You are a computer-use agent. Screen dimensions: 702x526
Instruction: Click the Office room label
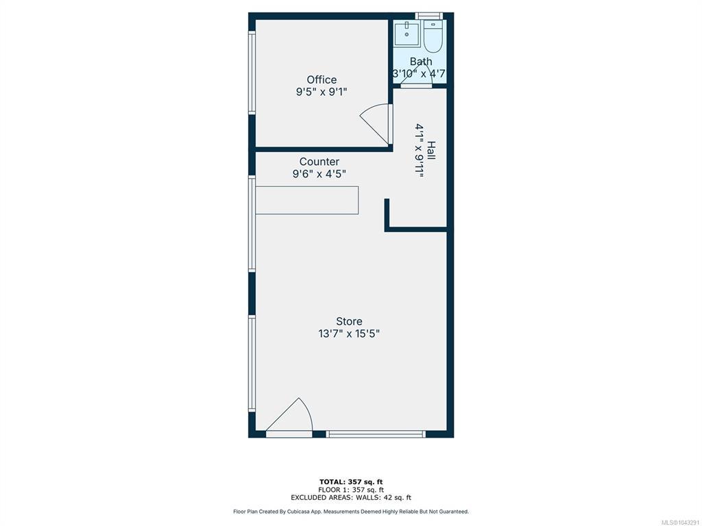pos(322,79)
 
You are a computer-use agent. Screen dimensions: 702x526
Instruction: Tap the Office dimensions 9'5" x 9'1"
pos(322,92)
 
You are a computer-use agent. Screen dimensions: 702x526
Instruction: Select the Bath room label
pos(421,61)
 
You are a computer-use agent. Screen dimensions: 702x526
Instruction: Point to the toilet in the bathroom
pos(433,36)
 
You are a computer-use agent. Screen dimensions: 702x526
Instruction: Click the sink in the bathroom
pos(407,34)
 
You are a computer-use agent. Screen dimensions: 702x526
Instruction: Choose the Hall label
pos(431,151)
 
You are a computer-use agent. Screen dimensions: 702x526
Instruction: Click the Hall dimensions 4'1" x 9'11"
pos(419,151)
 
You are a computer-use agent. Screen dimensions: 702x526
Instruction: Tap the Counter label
pos(319,162)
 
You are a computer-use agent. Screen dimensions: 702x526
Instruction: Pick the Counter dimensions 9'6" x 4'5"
pos(319,173)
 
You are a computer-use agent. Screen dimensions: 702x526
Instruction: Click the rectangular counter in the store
pos(306,200)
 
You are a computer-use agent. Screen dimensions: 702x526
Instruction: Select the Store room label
pos(349,321)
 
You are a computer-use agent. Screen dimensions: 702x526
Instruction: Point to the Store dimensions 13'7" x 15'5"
pos(349,334)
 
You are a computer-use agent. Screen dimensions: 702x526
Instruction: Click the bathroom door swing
pos(412,74)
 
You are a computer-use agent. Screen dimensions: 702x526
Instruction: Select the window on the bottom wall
pos(376,434)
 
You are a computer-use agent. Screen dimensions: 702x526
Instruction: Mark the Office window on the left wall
pos(252,73)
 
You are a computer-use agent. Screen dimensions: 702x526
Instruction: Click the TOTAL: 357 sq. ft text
pos(351,481)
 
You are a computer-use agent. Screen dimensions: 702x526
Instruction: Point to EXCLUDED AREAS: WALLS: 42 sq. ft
pos(351,497)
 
